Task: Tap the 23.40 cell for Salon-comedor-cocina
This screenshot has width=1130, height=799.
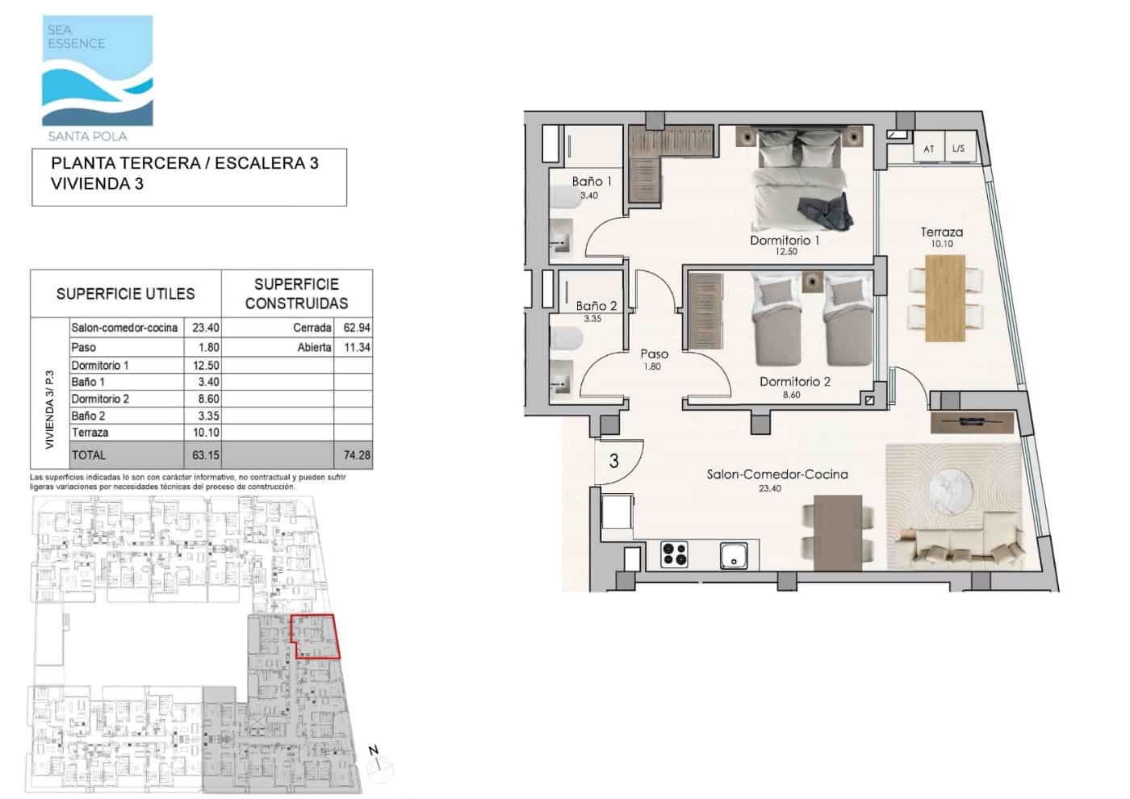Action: (206, 328)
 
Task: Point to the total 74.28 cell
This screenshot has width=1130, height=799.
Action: (356, 455)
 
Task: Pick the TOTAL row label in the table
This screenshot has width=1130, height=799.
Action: (89, 455)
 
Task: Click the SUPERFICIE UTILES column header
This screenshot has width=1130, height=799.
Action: (125, 294)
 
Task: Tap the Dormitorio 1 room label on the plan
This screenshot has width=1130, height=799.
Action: (785, 241)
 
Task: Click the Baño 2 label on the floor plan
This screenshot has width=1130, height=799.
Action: (596, 307)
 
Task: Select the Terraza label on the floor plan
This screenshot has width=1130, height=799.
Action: (942, 232)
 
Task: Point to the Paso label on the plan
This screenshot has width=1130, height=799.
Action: (654, 353)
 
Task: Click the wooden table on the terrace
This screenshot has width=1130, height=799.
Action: (945, 296)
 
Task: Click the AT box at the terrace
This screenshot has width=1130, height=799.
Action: (929, 149)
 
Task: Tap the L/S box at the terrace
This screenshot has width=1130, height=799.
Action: (958, 149)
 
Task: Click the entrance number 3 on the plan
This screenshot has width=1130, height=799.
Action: (614, 462)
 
